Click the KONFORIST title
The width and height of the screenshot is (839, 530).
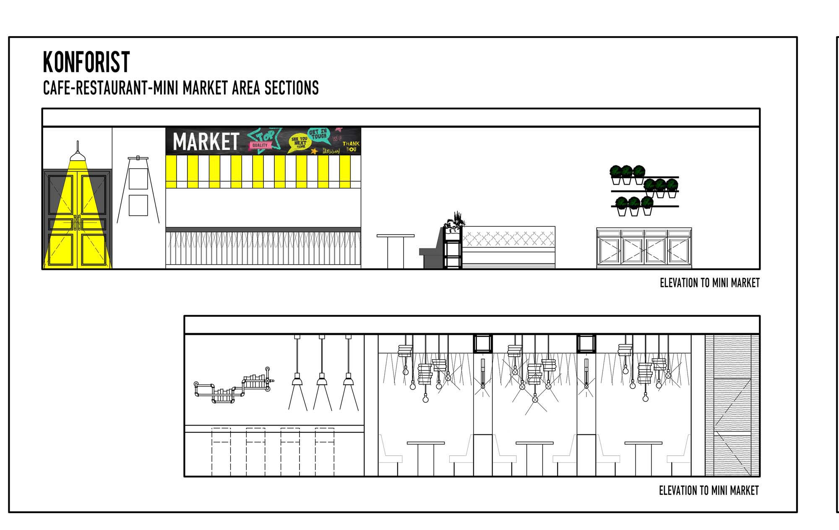pyautogui.click(x=86, y=62)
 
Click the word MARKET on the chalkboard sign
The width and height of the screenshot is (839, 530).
pyautogui.click(x=206, y=141)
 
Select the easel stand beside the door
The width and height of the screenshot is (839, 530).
pyautogui.click(x=138, y=191)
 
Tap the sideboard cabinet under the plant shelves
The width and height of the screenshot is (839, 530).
pyautogui.click(x=644, y=248)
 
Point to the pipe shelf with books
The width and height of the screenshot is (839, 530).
pyautogui.click(x=233, y=388)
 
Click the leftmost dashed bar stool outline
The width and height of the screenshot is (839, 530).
pyautogui.click(x=221, y=451)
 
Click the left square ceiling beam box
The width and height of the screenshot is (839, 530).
pyautogui.click(x=482, y=343)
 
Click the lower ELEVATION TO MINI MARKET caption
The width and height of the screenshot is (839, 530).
pyautogui.click(x=709, y=490)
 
